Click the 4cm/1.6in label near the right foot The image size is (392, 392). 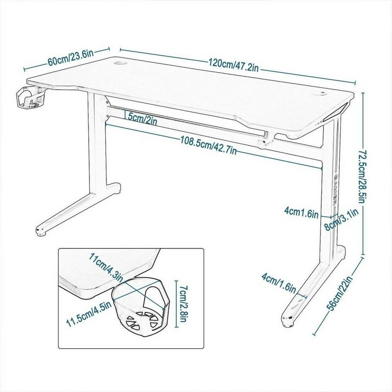click(278, 283)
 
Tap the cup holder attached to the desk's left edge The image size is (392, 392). click(28, 98)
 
